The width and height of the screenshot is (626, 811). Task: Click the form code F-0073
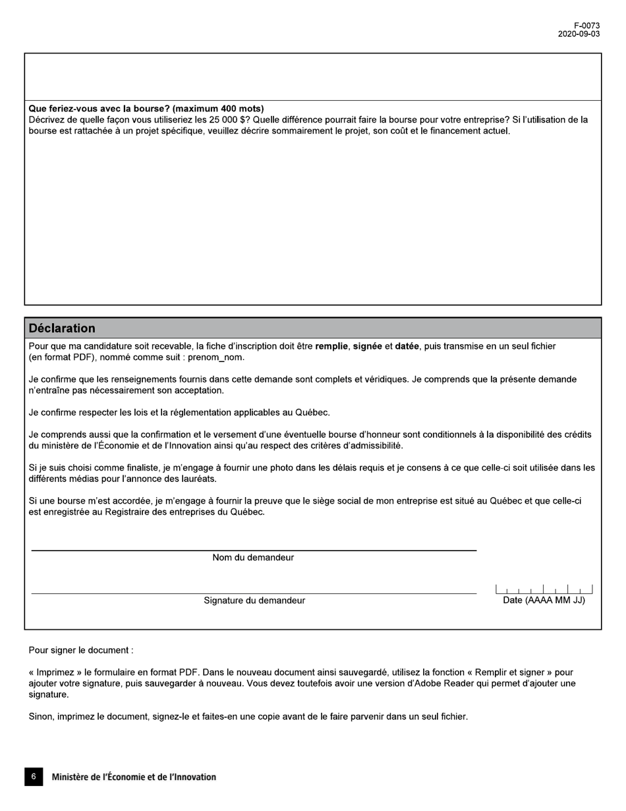point(586,26)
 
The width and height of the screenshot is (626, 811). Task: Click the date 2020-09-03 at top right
point(579,34)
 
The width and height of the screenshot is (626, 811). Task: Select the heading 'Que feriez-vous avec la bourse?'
point(146,108)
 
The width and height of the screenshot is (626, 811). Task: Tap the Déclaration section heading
point(62,328)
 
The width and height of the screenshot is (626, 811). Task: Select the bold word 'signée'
point(367,346)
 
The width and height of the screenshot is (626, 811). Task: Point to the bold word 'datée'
point(407,346)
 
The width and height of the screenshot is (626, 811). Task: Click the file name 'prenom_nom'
point(215,357)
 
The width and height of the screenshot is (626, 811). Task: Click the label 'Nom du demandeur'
point(253,558)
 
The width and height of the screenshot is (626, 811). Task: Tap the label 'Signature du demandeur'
point(254,601)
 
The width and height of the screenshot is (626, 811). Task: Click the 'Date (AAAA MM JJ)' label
point(544,601)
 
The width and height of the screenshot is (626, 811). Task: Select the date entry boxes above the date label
point(544,589)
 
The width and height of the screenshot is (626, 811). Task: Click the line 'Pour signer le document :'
point(80,650)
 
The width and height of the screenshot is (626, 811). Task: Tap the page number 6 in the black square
point(34,777)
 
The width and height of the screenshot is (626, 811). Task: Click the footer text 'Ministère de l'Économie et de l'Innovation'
point(134,777)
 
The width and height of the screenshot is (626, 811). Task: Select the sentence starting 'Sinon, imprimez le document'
point(248,717)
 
